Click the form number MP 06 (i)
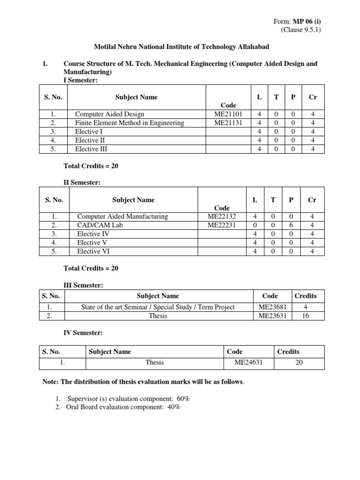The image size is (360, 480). coord(307,22)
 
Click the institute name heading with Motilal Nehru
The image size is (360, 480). coord(180,47)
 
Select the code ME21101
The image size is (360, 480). coord(228,114)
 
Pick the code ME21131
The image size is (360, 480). coord(228,123)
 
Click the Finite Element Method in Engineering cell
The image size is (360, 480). coord(129,123)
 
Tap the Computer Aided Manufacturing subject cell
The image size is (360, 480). coord(122,217)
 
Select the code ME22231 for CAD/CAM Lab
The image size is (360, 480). coord(222,225)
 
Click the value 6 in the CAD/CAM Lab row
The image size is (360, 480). coord(291,225)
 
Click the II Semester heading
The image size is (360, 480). coord(82,182)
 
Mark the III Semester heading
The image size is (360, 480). coord(83,285)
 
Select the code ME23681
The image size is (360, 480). coord(272,307)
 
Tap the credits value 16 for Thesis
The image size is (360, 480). coord(305,316)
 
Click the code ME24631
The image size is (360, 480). coord(248,362)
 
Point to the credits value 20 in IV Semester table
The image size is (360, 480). coord(299,362)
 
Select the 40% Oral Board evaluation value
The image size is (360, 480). coord(171,407)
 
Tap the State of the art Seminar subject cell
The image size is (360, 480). coord(157,307)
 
